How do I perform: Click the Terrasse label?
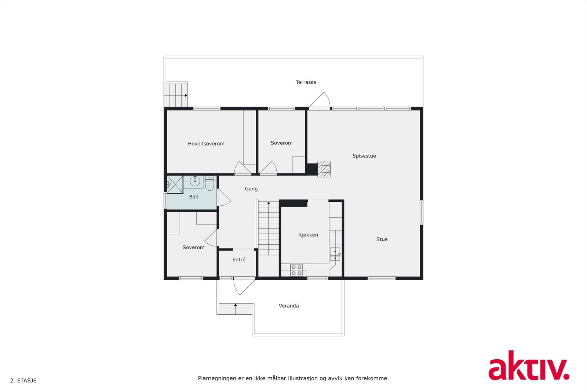click(306, 82)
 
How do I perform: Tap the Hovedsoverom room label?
click(206, 144)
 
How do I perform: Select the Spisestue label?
click(364, 156)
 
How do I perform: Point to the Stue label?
click(382, 239)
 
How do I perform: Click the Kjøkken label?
click(308, 235)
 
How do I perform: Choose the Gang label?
click(251, 189)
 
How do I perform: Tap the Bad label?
click(194, 197)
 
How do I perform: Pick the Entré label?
click(239, 260)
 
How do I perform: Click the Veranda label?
click(289, 306)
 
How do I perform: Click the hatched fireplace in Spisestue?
click(324, 169)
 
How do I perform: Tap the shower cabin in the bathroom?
click(175, 184)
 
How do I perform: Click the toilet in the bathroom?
click(209, 184)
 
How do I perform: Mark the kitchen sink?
click(335, 254)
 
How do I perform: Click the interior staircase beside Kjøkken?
click(268, 228)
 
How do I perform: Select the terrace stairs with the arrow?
click(176, 95)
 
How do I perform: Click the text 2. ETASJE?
click(23, 381)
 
